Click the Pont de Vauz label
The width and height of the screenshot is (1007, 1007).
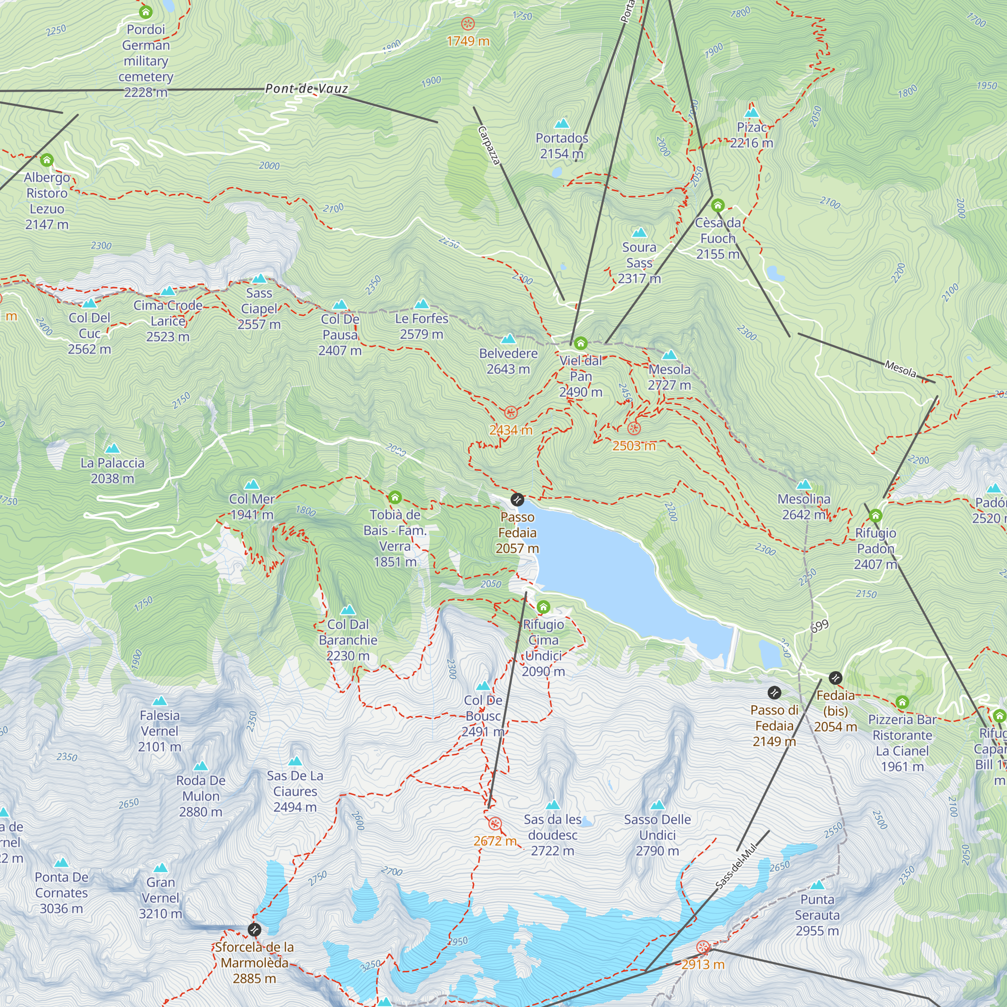click(x=307, y=89)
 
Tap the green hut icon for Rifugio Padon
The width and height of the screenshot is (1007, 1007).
click(x=876, y=516)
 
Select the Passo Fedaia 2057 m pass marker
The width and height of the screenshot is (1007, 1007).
click(x=517, y=500)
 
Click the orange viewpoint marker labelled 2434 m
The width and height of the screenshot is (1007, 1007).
click(x=511, y=413)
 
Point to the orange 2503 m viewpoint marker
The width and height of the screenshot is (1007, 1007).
click(x=634, y=428)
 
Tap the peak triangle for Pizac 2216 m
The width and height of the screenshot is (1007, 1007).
click(x=751, y=113)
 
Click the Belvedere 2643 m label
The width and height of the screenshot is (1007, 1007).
click(x=508, y=361)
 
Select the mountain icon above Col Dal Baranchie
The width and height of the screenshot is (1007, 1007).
click(x=347, y=610)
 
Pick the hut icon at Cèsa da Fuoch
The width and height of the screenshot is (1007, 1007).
click(x=717, y=205)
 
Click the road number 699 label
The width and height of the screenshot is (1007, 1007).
click(x=819, y=626)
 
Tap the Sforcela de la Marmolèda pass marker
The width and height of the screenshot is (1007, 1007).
click(x=254, y=929)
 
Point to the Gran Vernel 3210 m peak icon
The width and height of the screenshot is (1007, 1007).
click(x=161, y=868)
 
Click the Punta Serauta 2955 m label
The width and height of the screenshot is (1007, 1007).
click(x=817, y=915)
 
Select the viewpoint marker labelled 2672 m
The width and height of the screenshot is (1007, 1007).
click(x=494, y=824)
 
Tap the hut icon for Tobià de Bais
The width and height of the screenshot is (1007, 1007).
click(x=395, y=497)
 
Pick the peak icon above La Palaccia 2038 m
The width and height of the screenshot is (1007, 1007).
click(x=112, y=448)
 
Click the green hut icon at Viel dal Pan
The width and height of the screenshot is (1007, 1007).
click(x=581, y=343)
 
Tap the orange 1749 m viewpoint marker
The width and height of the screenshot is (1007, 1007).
click(x=468, y=24)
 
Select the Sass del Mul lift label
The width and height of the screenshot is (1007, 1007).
click(x=736, y=867)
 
